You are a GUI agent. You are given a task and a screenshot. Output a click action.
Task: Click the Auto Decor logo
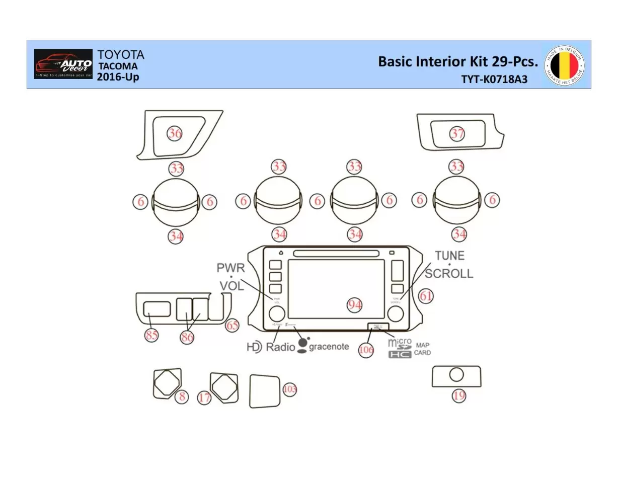click(63, 64)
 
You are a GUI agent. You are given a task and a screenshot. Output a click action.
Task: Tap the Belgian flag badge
click(564, 65)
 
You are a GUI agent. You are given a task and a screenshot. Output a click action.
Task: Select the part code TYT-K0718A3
click(494, 79)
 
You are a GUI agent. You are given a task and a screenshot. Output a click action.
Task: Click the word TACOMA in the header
click(117, 66)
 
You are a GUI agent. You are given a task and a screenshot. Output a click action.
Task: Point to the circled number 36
click(175, 133)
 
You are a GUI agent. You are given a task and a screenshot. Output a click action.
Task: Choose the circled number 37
click(457, 134)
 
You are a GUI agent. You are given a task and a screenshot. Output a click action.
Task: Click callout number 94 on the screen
click(355, 305)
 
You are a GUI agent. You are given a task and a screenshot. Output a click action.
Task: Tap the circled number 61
click(426, 296)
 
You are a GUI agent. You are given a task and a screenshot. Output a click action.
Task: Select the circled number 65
click(232, 326)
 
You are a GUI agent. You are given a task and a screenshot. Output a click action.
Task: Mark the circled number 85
click(151, 336)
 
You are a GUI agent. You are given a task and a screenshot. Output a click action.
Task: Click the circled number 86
click(187, 337)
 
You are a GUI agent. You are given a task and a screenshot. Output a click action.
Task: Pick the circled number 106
click(366, 350)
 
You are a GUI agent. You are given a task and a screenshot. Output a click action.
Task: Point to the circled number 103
click(290, 389)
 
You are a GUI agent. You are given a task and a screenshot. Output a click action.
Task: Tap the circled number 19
click(458, 396)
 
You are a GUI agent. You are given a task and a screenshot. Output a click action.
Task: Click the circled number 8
click(182, 396)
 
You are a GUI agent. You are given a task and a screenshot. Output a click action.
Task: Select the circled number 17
click(204, 398)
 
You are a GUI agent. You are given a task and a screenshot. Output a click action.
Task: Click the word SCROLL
click(449, 273)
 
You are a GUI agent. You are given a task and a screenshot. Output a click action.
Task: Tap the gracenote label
click(328, 347)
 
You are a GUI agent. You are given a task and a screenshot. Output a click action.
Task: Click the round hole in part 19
click(456, 375)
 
